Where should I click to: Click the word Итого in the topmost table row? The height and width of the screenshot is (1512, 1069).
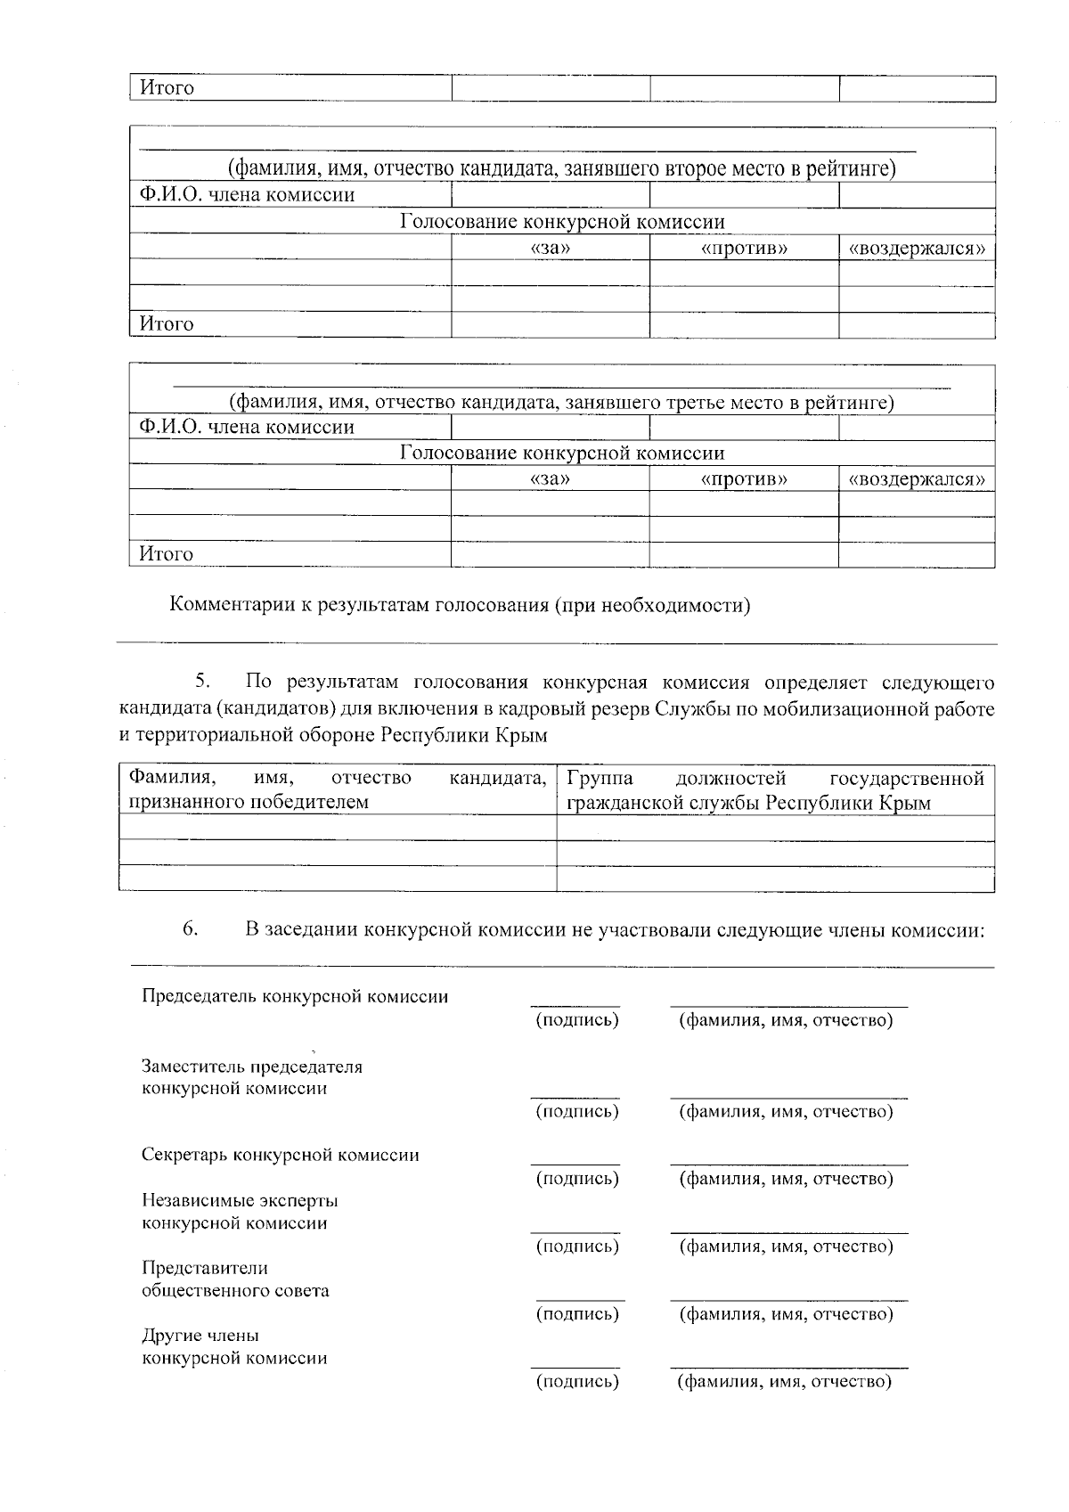[167, 88]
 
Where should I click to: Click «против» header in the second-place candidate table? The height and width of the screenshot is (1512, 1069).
[744, 249]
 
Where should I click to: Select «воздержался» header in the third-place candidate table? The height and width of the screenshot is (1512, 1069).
[917, 479]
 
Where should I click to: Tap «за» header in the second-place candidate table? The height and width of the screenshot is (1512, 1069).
[550, 249]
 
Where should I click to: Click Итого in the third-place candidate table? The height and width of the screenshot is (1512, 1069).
[167, 554]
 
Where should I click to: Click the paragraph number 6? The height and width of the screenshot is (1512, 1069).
[190, 929]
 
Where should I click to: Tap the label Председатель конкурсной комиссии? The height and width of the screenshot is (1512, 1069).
[295, 996]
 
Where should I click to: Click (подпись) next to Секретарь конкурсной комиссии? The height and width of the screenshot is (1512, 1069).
[576, 1179]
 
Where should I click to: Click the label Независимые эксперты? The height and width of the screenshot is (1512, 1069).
[240, 1201]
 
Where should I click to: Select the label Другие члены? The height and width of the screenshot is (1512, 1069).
[200, 1336]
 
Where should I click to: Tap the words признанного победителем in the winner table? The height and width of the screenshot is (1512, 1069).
[249, 802]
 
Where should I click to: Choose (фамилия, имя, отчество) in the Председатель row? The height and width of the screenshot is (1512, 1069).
[785, 1020]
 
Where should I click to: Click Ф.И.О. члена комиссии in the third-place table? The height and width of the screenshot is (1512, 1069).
[247, 428]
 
